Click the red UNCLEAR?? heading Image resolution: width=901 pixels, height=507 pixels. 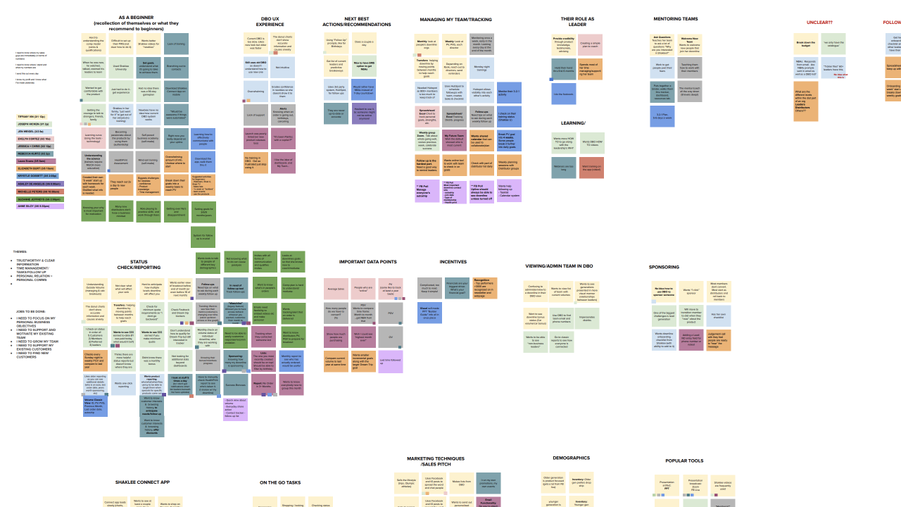[819, 23]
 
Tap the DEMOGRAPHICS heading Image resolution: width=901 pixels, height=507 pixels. [571, 458]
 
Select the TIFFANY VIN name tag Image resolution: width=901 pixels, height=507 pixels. [31, 116]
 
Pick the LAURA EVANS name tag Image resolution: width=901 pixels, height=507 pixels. [35, 161]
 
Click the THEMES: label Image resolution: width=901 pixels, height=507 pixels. [20, 251]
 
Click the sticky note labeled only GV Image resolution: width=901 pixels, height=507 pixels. [391, 337]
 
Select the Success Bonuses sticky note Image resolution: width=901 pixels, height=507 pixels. [236, 385]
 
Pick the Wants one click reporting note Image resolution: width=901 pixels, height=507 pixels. [124, 384]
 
